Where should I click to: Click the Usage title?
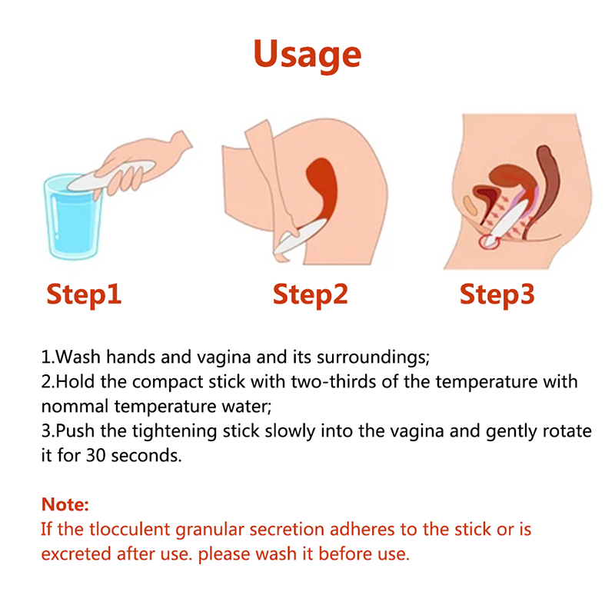tap(307, 55)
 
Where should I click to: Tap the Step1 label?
tap(84, 294)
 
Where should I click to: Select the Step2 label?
tap(311, 294)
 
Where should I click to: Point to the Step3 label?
tap(497, 294)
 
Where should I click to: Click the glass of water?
tap(73, 217)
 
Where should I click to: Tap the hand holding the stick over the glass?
tap(145, 164)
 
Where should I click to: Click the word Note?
tap(65, 504)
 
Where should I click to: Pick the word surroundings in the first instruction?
tap(373, 357)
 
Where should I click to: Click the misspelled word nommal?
tap(75, 407)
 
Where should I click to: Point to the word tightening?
tap(174, 432)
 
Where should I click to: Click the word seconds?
tap(146, 456)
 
